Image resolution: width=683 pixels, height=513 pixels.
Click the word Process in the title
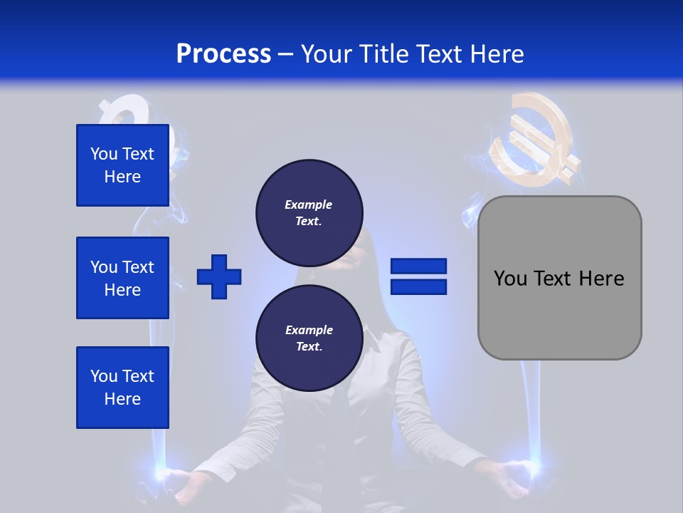(223, 54)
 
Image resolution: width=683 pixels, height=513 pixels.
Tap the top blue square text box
(122, 165)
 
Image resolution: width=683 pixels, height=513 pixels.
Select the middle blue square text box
(122, 278)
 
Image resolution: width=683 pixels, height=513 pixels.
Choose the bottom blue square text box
(122, 388)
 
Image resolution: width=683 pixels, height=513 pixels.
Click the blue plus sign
(219, 277)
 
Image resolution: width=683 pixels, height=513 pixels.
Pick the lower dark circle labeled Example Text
(309, 338)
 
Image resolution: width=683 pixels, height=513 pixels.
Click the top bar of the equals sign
(418, 266)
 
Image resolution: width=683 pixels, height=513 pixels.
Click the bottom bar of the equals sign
(418, 287)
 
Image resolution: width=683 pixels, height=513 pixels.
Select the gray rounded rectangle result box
(559, 313)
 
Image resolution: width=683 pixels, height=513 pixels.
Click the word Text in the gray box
(553, 279)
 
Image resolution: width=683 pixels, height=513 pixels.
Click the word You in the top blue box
(103, 154)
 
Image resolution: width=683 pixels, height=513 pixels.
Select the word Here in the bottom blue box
(122, 399)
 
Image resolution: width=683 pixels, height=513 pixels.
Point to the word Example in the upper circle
(309, 204)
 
